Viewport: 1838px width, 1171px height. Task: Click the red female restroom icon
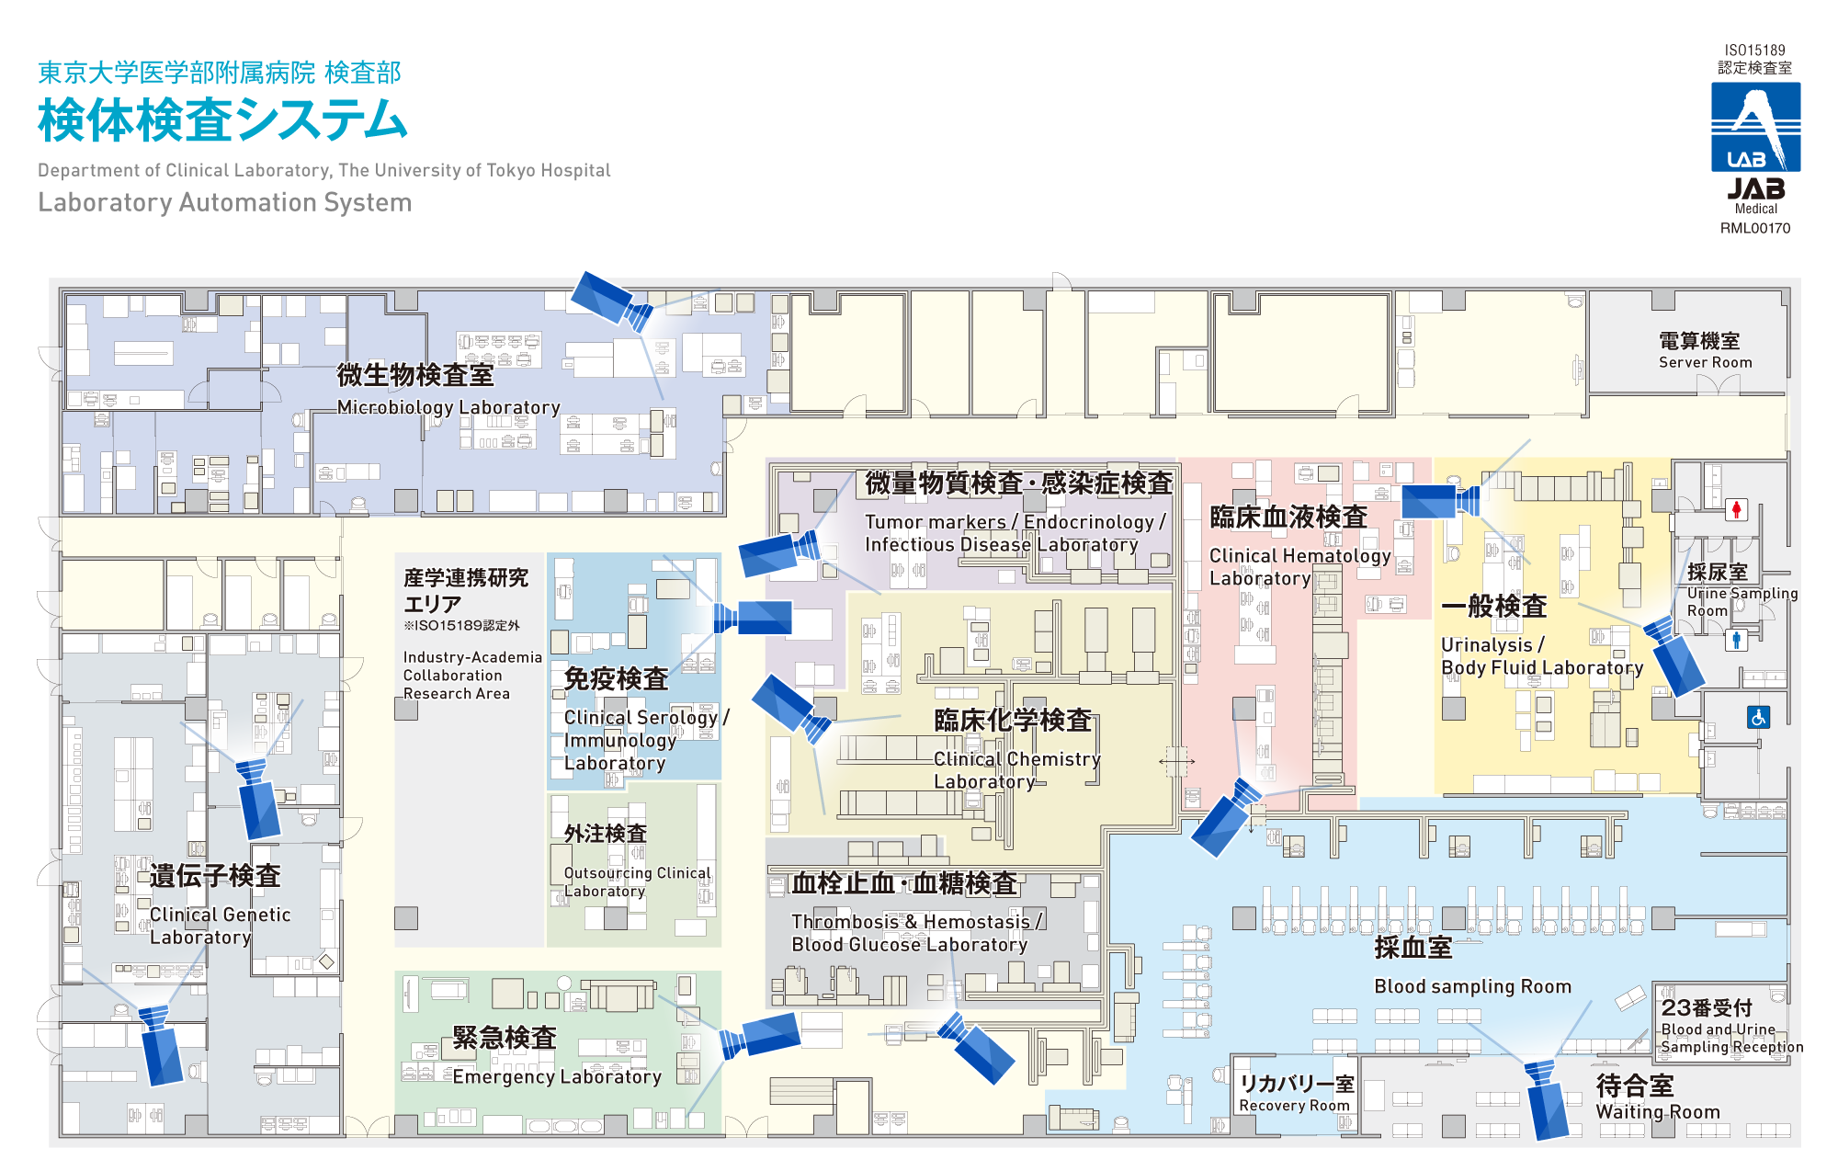pyautogui.click(x=1735, y=509)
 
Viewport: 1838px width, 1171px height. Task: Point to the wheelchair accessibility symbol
pyautogui.click(x=1758, y=717)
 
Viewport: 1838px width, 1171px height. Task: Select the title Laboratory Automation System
pyautogui.click(x=225, y=202)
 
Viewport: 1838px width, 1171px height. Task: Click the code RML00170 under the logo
pyautogui.click(x=1755, y=228)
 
